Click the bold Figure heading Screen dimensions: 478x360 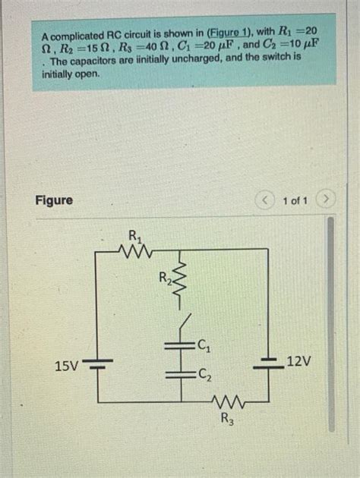pos(55,200)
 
